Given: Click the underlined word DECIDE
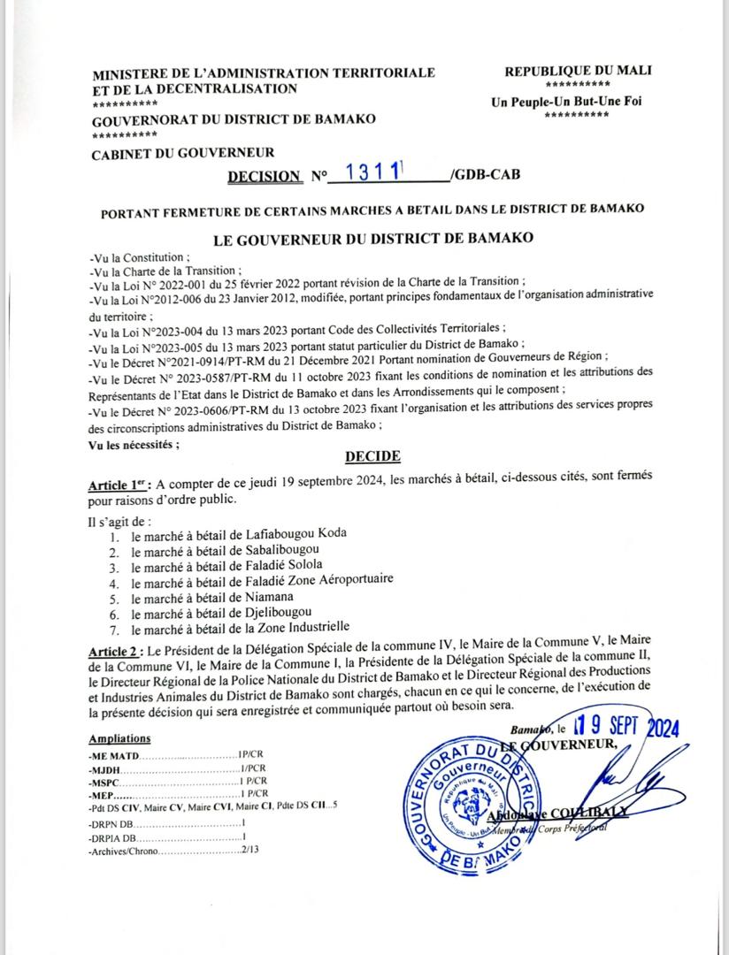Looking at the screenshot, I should pyautogui.click(x=371, y=456).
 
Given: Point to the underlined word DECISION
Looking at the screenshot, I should pyautogui.click(x=264, y=176).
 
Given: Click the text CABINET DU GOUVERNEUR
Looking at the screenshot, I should pyautogui.click(x=183, y=153).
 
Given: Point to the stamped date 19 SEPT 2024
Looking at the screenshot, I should pyautogui.click(x=625, y=728).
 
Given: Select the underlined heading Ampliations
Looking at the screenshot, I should pyautogui.click(x=119, y=738).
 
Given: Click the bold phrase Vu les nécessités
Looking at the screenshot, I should pyautogui.click(x=134, y=444).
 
